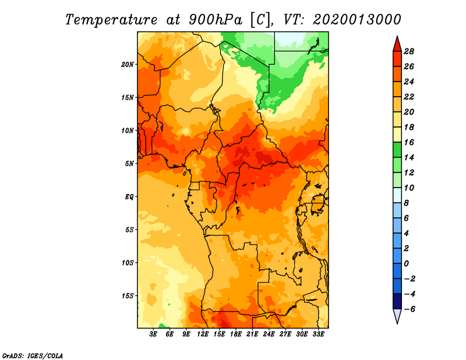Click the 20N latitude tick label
pos(128,65)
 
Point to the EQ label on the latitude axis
pos(129,197)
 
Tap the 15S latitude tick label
pos(128,296)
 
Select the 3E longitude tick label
pos(153,334)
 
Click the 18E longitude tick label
pos(236,334)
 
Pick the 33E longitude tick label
pos(318,334)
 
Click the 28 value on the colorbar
pos(409,51)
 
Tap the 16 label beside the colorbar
pos(409,142)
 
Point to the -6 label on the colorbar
pos(409,309)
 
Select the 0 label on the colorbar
pos(407,264)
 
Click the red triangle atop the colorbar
pos(397,44)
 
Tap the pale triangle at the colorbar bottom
pos(397,316)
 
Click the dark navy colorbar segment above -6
pos(397,301)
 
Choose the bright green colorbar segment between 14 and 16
pos(397,150)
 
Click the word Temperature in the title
pos(111,20)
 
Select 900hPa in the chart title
pos(216,20)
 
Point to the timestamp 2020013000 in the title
pos(357,20)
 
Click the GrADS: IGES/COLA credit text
pos(33,356)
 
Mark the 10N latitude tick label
pos(128,130)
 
